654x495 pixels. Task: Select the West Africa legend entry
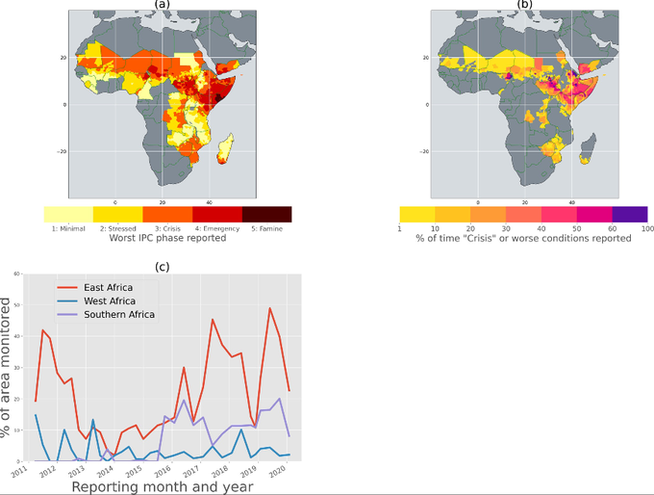click(x=106, y=300)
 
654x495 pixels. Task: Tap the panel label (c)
click(x=161, y=265)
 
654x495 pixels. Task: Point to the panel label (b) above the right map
click(x=525, y=5)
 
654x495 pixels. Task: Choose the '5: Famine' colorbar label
click(x=266, y=227)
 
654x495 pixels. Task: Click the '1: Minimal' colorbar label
click(x=68, y=227)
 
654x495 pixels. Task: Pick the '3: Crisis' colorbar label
click(x=167, y=227)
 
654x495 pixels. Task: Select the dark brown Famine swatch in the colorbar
click(x=266, y=214)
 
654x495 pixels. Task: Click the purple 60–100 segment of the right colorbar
click(x=630, y=214)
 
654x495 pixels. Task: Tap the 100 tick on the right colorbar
click(x=646, y=227)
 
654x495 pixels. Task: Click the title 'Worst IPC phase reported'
click(x=167, y=238)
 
